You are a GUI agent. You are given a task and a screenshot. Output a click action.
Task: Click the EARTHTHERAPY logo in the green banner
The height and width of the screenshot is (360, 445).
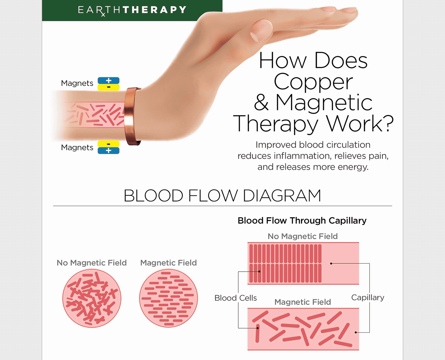point(132,10)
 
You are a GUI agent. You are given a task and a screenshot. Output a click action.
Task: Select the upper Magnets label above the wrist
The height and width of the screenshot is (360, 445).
point(77,83)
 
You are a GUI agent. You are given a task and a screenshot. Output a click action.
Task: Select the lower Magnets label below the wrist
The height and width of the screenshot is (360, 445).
point(77,148)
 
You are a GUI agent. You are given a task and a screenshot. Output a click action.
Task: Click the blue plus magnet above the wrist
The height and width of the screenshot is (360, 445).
point(109,81)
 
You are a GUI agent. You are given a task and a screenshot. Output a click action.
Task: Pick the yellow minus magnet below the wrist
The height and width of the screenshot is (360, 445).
point(109,144)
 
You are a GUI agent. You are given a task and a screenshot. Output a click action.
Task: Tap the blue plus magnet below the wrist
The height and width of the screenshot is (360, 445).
point(109,151)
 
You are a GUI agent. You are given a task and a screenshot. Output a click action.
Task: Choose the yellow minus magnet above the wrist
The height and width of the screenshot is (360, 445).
point(109,87)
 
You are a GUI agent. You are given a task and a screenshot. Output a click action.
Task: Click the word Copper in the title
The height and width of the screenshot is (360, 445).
point(313,82)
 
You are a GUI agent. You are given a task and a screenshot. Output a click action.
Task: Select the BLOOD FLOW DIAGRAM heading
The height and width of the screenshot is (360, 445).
point(222,196)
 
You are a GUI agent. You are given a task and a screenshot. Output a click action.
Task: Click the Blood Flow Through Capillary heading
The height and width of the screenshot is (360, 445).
point(302,221)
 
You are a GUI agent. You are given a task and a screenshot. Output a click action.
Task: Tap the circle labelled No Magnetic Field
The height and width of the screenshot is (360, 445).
point(92,298)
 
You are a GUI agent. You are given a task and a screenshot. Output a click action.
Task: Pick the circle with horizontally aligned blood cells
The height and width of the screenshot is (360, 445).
point(169,298)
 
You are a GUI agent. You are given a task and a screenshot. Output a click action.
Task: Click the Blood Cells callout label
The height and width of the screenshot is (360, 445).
point(236,298)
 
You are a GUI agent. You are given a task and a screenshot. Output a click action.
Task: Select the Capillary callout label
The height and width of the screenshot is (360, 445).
point(368,297)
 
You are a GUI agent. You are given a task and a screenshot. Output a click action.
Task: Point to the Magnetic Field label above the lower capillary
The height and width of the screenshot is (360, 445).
point(303,302)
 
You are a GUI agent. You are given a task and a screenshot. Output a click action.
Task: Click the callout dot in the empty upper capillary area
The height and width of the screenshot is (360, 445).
point(331,263)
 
